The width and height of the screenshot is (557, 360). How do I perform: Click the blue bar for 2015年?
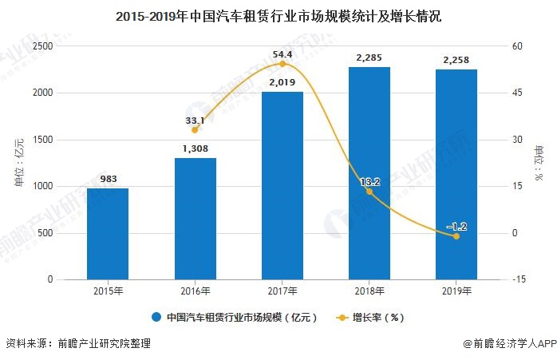pyautogui.click(x=108, y=234)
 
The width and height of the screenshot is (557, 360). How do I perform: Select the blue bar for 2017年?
pyautogui.click(x=282, y=185)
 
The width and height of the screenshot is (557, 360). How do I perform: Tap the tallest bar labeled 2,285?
pyautogui.click(x=369, y=173)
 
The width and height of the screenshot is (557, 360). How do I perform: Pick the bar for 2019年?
pyautogui.click(x=456, y=174)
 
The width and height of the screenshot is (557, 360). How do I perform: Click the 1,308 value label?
pyautogui.click(x=195, y=148)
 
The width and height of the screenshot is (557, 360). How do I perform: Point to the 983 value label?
pyautogui.click(x=108, y=179)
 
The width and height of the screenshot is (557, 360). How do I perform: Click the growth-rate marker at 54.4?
pyautogui.click(x=282, y=63)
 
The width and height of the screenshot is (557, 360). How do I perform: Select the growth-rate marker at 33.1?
pyautogui.click(x=195, y=129)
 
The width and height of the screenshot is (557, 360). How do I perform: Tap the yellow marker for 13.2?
pyautogui.click(x=369, y=192)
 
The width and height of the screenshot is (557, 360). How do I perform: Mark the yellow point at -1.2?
pyautogui.click(x=456, y=236)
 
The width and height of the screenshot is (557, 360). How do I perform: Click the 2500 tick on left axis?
pyautogui.click(x=43, y=46)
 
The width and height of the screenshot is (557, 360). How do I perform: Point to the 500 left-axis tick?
pyautogui.click(x=46, y=233)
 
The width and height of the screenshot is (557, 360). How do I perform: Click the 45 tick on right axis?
pyautogui.click(x=517, y=93)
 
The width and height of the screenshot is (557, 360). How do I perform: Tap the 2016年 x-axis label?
pyautogui.click(x=195, y=292)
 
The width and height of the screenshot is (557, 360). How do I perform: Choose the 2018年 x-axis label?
pyautogui.click(x=369, y=292)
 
